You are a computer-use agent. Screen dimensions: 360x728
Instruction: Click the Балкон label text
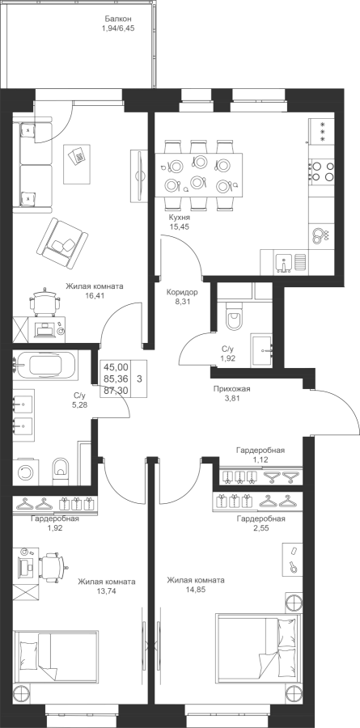(x=118, y=19)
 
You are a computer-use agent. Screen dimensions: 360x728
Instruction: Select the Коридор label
(x=182, y=293)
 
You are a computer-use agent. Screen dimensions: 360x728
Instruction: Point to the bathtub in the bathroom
(x=45, y=365)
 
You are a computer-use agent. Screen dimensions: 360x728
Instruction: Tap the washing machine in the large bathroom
(x=26, y=472)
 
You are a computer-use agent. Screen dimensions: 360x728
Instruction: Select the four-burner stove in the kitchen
(x=321, y=171)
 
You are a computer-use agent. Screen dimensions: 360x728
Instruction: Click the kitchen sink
(x=283, y=262)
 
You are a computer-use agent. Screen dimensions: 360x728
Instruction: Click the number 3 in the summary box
(x=139, y=379)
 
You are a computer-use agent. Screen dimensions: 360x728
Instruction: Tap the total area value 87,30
(x=116, y=391)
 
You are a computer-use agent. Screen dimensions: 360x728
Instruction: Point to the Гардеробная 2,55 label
(x=260, y=523)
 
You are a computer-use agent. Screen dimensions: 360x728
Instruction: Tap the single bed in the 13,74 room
(x=56, y=655)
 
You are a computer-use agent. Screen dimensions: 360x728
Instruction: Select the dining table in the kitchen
(x=199, y=175)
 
